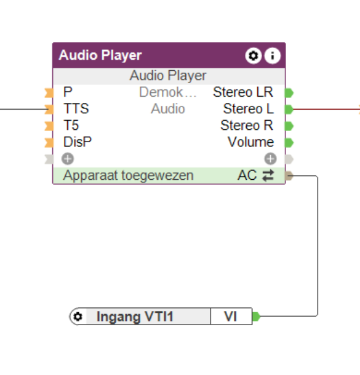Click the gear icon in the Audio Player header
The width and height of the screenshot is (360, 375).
(x=254, y=55)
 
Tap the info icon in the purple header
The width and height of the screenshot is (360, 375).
(x=272, y=55)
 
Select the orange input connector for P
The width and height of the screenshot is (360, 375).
(x=49, y=93)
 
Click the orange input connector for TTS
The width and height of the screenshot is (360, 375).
(x=49, y=109)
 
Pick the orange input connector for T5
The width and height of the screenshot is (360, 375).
(x=49, y=126)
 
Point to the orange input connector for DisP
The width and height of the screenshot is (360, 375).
(x=49, y=142)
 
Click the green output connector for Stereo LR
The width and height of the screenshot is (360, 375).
(x=289, y=93)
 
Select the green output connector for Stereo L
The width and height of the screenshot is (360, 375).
(x=289, y=109)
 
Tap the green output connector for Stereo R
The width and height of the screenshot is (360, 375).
(x=289, y=126)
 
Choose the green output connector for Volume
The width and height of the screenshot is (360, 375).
(x=289, y=142)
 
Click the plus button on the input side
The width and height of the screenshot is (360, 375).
(x=68, y=159)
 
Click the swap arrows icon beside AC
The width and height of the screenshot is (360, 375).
(x=268, y=175)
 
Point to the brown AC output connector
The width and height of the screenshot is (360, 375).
(x=289, y=175)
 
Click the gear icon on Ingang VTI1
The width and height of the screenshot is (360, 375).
(x=78, y=317)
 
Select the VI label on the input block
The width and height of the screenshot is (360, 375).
(x=230, y=317)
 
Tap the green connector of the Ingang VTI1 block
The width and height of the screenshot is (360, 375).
(x=256, y=317)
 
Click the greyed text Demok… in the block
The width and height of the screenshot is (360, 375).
(x=168, y=92)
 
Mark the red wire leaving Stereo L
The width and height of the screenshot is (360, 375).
(x=327, y=109)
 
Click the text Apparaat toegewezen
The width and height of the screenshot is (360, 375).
(x=128, y=175)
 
